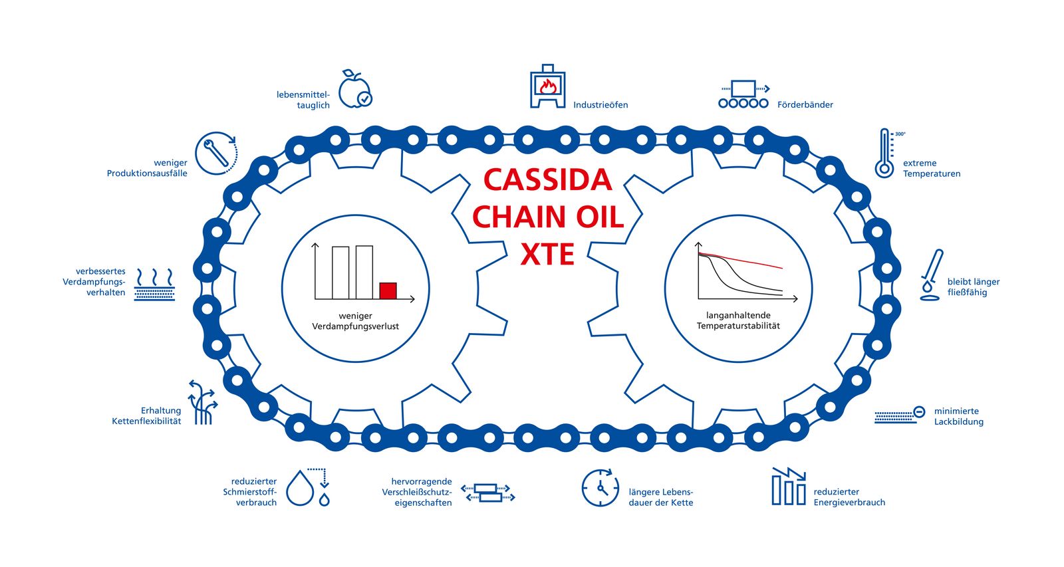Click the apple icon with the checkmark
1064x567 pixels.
[x=355, y=89]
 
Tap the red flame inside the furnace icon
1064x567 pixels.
[x=548, y=86]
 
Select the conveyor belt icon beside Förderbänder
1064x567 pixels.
[x=743, y=94]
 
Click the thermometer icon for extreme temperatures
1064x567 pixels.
[x=884, y=153]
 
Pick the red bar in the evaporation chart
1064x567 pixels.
[x=388, y=290]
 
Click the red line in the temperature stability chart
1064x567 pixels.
[x=741, y=260]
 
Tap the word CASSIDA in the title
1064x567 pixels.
[x=548, y=180]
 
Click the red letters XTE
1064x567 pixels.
[x=547, y=255]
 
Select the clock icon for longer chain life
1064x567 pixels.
[x=600, y=488]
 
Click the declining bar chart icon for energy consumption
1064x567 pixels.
[x=789, y=487]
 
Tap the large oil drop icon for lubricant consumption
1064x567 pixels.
[x=300, y=488]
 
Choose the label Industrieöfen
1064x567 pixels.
[x=600, y=104]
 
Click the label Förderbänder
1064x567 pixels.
[x=805, y=104]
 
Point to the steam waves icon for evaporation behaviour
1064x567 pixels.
[x=154, y=284]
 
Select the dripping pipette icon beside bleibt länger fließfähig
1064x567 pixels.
[x=932, y=275]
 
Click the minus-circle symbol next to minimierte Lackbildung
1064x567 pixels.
[x=919, y=411]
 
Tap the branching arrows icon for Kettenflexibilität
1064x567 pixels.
[x=203, y=402]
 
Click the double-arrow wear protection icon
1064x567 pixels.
[x=488, y=493]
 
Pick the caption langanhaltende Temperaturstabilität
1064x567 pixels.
[x=738, y=320]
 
